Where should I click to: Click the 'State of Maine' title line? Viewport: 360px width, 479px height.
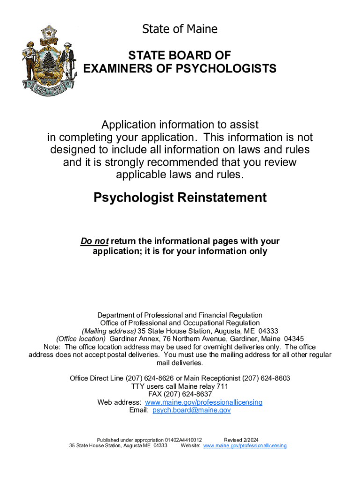coord(180,29)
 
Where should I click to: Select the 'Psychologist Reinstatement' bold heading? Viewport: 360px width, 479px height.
coord(180,197)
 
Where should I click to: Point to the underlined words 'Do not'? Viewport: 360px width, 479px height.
coord(94,241)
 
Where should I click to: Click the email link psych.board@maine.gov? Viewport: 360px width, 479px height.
coord(192,410)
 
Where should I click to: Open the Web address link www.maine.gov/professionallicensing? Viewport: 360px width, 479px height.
coord(204,402)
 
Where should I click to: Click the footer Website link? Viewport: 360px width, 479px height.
coord(245,446)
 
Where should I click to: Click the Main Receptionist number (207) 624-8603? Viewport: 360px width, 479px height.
coord(266,378)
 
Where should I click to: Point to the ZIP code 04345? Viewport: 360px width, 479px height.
coord(294,339)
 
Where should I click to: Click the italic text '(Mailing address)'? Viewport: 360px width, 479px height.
coord(108,331)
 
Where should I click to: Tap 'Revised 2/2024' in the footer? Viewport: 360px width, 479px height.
coord(241,440)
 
